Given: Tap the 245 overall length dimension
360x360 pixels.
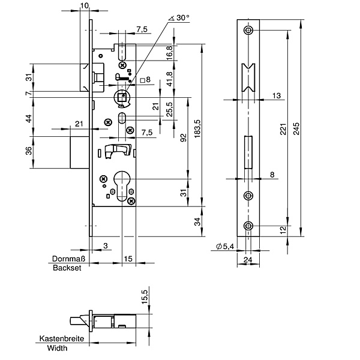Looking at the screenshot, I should [295, 130].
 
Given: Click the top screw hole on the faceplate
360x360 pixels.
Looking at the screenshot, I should [248, 31].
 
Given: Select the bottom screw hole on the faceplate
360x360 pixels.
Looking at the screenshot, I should [248, 226].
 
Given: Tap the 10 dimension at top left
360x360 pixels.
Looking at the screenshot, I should [83, 5].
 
